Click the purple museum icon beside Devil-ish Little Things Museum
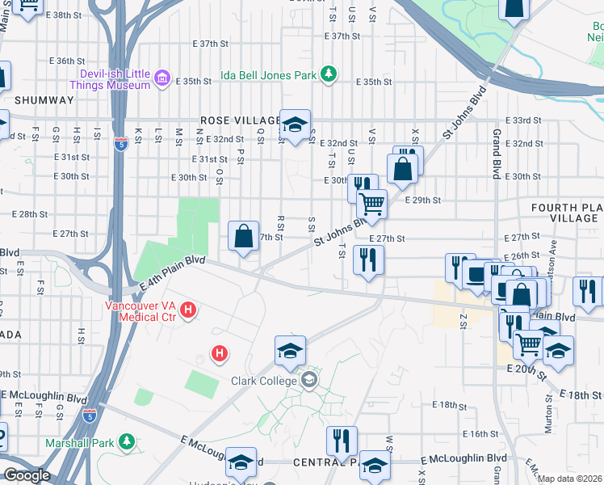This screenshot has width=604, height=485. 162,78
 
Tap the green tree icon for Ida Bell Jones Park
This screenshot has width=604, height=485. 329,74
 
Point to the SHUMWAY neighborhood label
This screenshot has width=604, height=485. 44,100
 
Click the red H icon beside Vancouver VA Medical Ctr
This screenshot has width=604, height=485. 188,310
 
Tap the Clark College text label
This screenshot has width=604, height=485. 264,381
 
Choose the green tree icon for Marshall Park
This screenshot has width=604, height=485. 126,441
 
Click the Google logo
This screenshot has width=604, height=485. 26,475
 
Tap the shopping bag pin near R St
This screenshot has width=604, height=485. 243,236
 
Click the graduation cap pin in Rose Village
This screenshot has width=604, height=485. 296,124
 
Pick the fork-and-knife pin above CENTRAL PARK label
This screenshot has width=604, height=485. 342,441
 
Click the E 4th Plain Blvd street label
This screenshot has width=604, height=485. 173,274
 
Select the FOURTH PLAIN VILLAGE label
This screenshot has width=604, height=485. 565,213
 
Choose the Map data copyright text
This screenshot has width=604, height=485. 570,479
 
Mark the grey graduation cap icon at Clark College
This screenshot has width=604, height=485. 308,380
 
